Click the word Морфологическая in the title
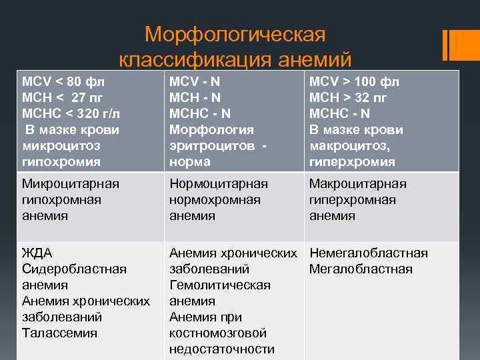pyautogui.click(x=235, y=34)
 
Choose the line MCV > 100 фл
pyautogui.click(x=354, y=82)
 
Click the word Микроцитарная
pyautogui.click(x=71, y=184)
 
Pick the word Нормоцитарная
pyautogui.click(x=219, y=184)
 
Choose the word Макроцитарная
pyautogui.click(x=358, y=184)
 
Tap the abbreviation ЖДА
pyautogui.click(x=37, y=253)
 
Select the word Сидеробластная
pyautogui.click(x=74, y=269)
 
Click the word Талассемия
pyautogui.click(x=60, y=333)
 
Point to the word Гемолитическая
pyautogui.click(x=220, y=285)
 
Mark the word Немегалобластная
pyautogui.click(x=369, y=253)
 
